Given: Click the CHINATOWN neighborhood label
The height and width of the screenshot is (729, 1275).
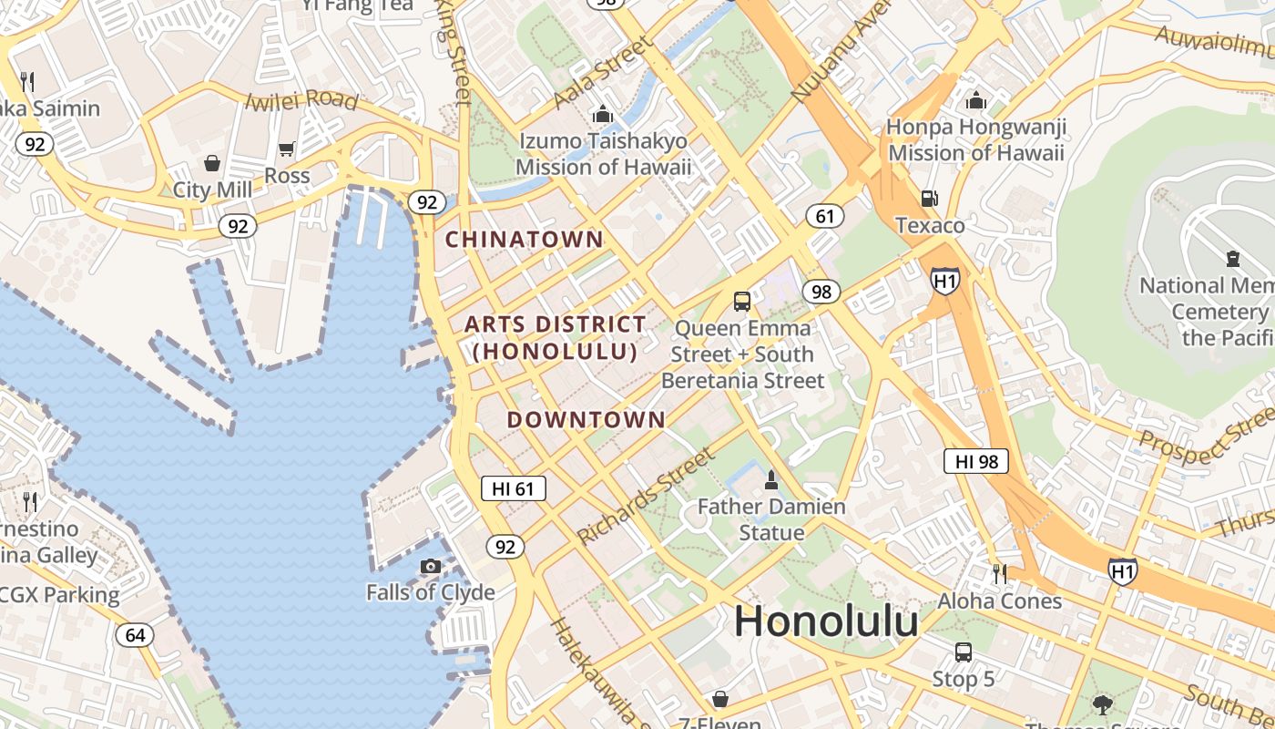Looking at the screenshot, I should click(x=525, y=240).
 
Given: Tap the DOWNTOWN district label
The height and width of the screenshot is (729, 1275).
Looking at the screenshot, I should click(x=586, y=420).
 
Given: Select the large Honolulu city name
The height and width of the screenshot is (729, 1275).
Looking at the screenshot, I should click(x=826, y=621).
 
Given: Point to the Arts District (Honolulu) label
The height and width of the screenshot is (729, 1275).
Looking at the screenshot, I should click(x=555, y=337).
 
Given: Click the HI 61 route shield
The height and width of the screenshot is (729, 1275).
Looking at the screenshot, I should click(x=513, y=488).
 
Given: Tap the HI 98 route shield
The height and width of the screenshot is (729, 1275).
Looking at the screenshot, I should click(x=976, y=461).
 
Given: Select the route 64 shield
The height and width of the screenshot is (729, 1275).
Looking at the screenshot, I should click(x=135, y=634).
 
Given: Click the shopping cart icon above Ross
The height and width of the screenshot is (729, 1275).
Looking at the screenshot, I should click(x=287, y=149).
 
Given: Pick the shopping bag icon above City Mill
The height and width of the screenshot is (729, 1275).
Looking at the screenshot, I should click(x=212, y=163).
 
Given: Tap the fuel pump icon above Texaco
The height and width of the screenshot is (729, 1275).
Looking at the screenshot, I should click(x=929, y=198).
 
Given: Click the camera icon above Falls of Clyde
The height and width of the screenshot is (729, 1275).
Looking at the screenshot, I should click(x=431, y=567).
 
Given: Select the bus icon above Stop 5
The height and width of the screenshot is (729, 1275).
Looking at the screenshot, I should click(x=963, y=652).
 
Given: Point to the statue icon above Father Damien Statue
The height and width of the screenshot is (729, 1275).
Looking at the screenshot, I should click(x=771, y=479).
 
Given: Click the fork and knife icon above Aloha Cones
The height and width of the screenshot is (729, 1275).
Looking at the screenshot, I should click(x=1000, y=574).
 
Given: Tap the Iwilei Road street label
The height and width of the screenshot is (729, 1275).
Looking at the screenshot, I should click(x=302, y=99).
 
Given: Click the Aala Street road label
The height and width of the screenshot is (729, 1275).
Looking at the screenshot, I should click(x=603, y=73).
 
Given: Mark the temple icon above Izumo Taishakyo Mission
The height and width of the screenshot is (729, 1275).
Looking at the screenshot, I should click(x=602, y=115).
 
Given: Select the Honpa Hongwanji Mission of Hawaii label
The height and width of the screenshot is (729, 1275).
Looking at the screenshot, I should click(x=976, y=139).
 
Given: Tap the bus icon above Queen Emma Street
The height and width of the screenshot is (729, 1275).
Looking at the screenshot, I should click(x=742, y=301).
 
